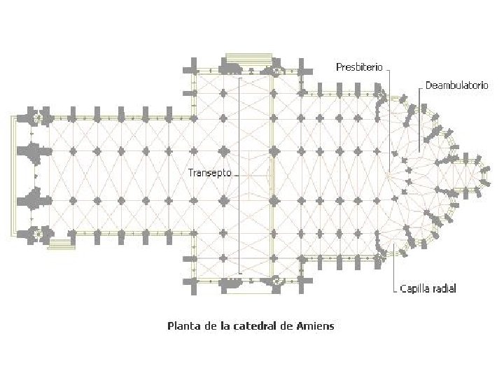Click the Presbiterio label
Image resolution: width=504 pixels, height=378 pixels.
pos(359,67)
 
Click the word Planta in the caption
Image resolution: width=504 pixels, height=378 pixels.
pos(182,325)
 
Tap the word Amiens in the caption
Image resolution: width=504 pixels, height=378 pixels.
pos(316,325)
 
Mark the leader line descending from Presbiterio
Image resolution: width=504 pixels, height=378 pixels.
pos(391,119)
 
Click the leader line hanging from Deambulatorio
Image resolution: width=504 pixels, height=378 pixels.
pos(419,119)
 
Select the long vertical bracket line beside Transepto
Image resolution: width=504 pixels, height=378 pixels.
pos(239,175)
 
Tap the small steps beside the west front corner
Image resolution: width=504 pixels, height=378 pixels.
pos(62,244)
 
